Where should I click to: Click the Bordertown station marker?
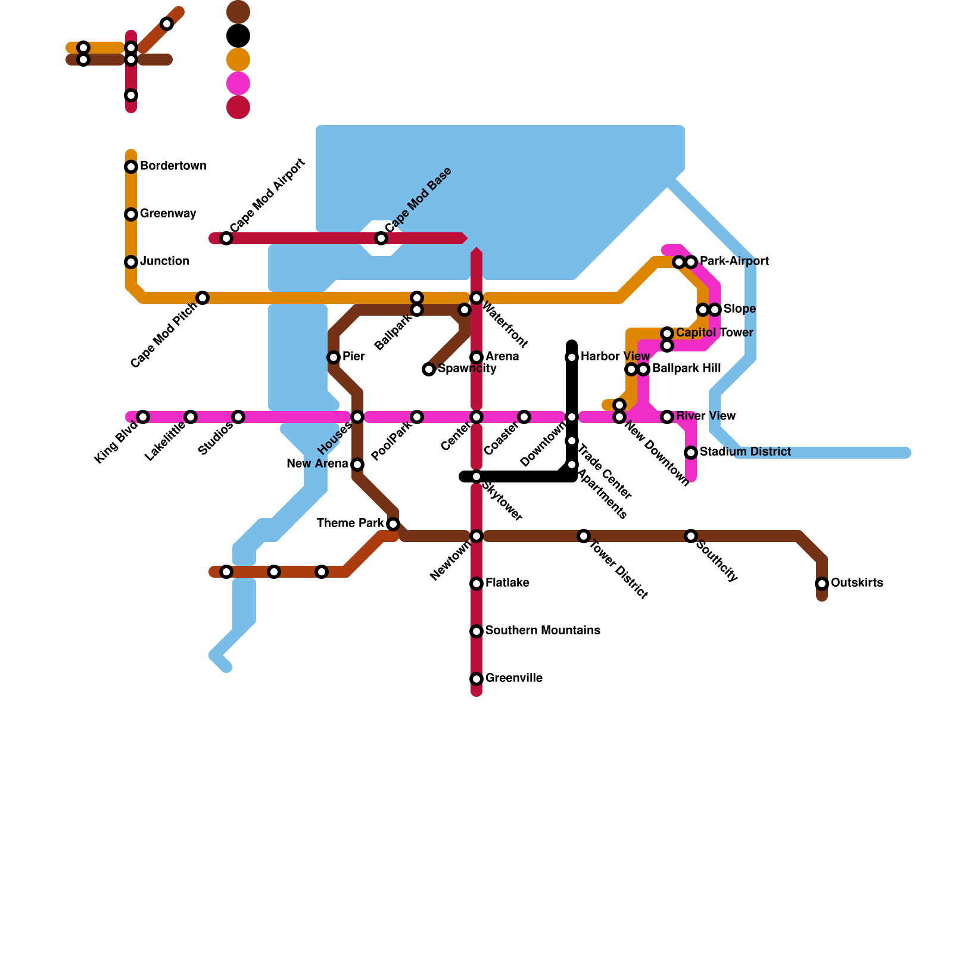[x=131, y=167]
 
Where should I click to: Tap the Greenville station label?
[x=513, y=678]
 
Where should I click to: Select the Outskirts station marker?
[x=822, y=584]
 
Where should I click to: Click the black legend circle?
[x=238, y=36]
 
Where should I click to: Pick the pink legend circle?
[x=238, y=83]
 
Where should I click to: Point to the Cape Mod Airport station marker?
[x=226, y=238]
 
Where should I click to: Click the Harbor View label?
[x=615, y=357]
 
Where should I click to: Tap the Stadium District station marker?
[x=691, y=453]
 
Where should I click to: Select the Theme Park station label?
[x=350, y=524]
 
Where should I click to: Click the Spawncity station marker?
[x=429, y=369]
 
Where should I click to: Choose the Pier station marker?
[x=334, y=357]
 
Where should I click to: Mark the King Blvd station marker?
[x=143, y=417]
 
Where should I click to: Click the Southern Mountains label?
[x=543, y=631]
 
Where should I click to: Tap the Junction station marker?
[x=131, y=262]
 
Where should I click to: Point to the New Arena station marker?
[x=357, y=465]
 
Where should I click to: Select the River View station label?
[x=706, y=416]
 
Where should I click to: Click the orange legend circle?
[x=238, y=60]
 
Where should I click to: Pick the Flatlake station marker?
[x=476, y=584]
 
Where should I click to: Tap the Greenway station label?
[x=168, y=214]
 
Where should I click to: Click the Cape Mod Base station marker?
[x=381, y=238]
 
